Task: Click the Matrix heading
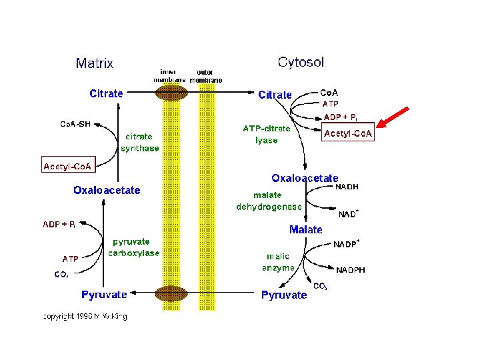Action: point(95,63)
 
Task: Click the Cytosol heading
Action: point(301,62)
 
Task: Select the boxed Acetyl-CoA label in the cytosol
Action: point(349,134)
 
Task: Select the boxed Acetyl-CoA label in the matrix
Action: point(68,165)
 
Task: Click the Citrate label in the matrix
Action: point(106,93)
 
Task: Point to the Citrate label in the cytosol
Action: point(275,95)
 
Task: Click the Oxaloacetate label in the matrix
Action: point(107,190)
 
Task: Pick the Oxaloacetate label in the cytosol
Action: point(305,179)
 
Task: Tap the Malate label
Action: point(306,229)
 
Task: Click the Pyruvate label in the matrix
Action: point(104,294)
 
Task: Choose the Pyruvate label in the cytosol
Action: point(284,295)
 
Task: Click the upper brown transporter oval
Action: point(171,93)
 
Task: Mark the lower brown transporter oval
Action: point(171,293)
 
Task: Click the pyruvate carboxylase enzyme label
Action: point(136,247)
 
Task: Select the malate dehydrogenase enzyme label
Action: point(269,201)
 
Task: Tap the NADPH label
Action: point(351,270)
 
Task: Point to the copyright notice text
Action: point(85,315)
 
